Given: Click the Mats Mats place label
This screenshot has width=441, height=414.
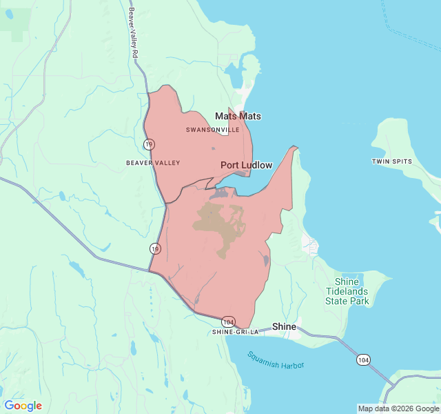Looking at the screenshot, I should click(x=238, y=116).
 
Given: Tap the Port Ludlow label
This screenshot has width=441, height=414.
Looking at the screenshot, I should click(x=246, y=166).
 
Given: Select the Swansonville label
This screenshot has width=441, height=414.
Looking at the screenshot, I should click(x=212, y=130).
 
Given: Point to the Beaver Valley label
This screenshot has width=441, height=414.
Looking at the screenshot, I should click(x=153, y=163).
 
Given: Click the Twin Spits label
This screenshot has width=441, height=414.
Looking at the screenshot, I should click(x=391, y=161).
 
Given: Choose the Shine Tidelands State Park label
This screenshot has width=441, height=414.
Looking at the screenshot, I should click(x=347, y=291).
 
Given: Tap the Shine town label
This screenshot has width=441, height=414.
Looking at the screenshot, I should click(x=284, y=326).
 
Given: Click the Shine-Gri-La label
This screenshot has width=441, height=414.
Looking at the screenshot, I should click(x=235, y=332).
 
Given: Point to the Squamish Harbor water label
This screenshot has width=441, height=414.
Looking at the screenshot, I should click(x=276, y=359).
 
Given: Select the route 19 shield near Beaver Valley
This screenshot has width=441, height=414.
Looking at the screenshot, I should click(x=149, y=144).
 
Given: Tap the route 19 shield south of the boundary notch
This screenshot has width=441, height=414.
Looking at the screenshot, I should click(x=155, y=248).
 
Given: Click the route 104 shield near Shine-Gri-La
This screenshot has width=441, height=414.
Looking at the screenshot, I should click(x=229, y=322).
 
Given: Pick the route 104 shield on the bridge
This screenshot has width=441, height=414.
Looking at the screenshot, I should click(x=363, y=359).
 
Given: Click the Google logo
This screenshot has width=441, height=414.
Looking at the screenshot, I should click(x=23, y=406).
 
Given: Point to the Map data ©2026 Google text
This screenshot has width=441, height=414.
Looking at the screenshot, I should click(x=398, y=408).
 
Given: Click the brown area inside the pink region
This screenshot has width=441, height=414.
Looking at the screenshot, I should click(x=219, y=224).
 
